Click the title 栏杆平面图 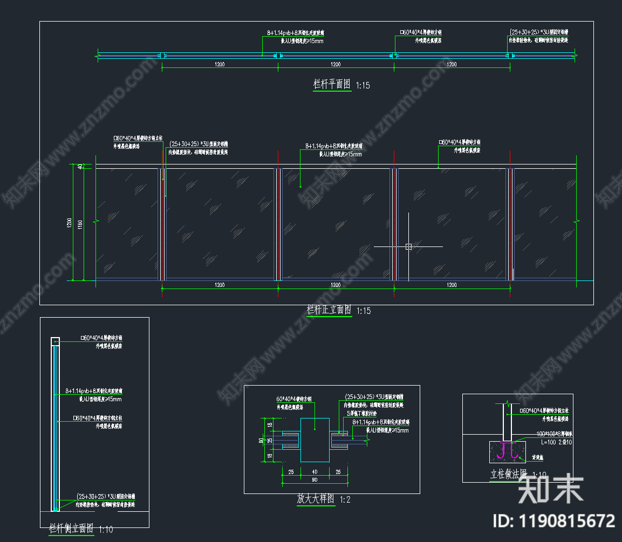coord(332,84)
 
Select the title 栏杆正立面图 coord(329,310)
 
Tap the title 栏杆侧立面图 coord(72,528)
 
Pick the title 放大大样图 coord(316,499)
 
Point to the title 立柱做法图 coord(508,475)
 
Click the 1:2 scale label coord(345,500)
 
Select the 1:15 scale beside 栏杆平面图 coord(363,85)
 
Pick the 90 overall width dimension coord(315,480)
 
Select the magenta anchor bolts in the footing coord(508,450)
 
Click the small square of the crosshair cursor coord(408,246)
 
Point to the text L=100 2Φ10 coord(542,442)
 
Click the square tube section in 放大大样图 coord(315,440)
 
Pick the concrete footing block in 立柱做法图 coord(508,451)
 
